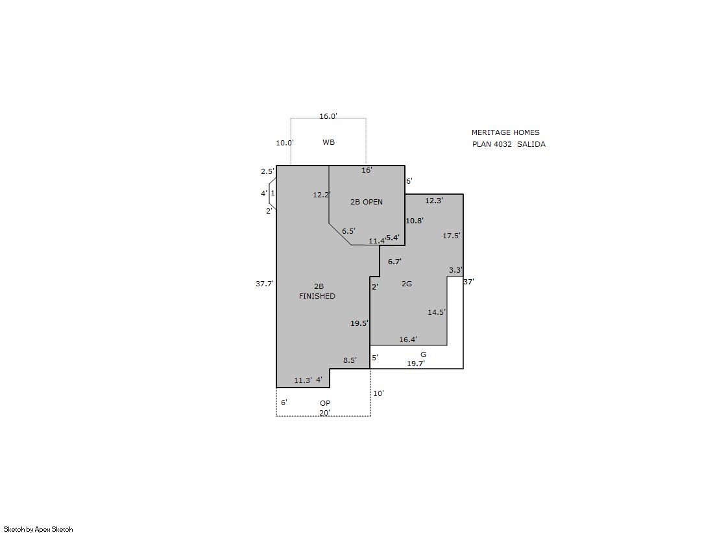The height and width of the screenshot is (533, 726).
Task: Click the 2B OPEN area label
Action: point(366,202)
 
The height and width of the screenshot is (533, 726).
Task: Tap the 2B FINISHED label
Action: point(318,291)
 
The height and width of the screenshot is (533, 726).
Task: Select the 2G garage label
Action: point(407,284)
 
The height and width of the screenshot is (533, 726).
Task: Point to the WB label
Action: point(329,142)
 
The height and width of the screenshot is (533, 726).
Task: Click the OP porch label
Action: point(325,403)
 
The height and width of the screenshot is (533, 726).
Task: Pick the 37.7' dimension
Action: point(265,284)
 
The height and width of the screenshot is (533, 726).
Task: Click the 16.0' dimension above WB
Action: point(328,116)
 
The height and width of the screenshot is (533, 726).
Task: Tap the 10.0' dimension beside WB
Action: point(285,143)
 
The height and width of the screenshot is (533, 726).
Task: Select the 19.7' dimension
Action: point(416,364)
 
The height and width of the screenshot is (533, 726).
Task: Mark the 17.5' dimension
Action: point(452,236)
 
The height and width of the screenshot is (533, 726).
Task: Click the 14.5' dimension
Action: point(437,312)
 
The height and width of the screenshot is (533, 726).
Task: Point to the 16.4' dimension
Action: point(408,340)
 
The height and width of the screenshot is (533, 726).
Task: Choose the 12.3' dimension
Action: point(434,201)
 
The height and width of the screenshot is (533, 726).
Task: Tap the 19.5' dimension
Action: point(359,323)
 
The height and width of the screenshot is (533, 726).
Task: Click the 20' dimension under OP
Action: point(324,413)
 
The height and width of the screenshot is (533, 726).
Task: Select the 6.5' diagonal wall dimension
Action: point(348,231)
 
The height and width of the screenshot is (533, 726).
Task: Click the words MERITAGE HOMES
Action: point(505,132)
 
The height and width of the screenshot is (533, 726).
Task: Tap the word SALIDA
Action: point(531,144)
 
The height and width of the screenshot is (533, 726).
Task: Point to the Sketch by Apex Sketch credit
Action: point(38,529)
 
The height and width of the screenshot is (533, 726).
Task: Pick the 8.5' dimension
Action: point(350,360)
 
